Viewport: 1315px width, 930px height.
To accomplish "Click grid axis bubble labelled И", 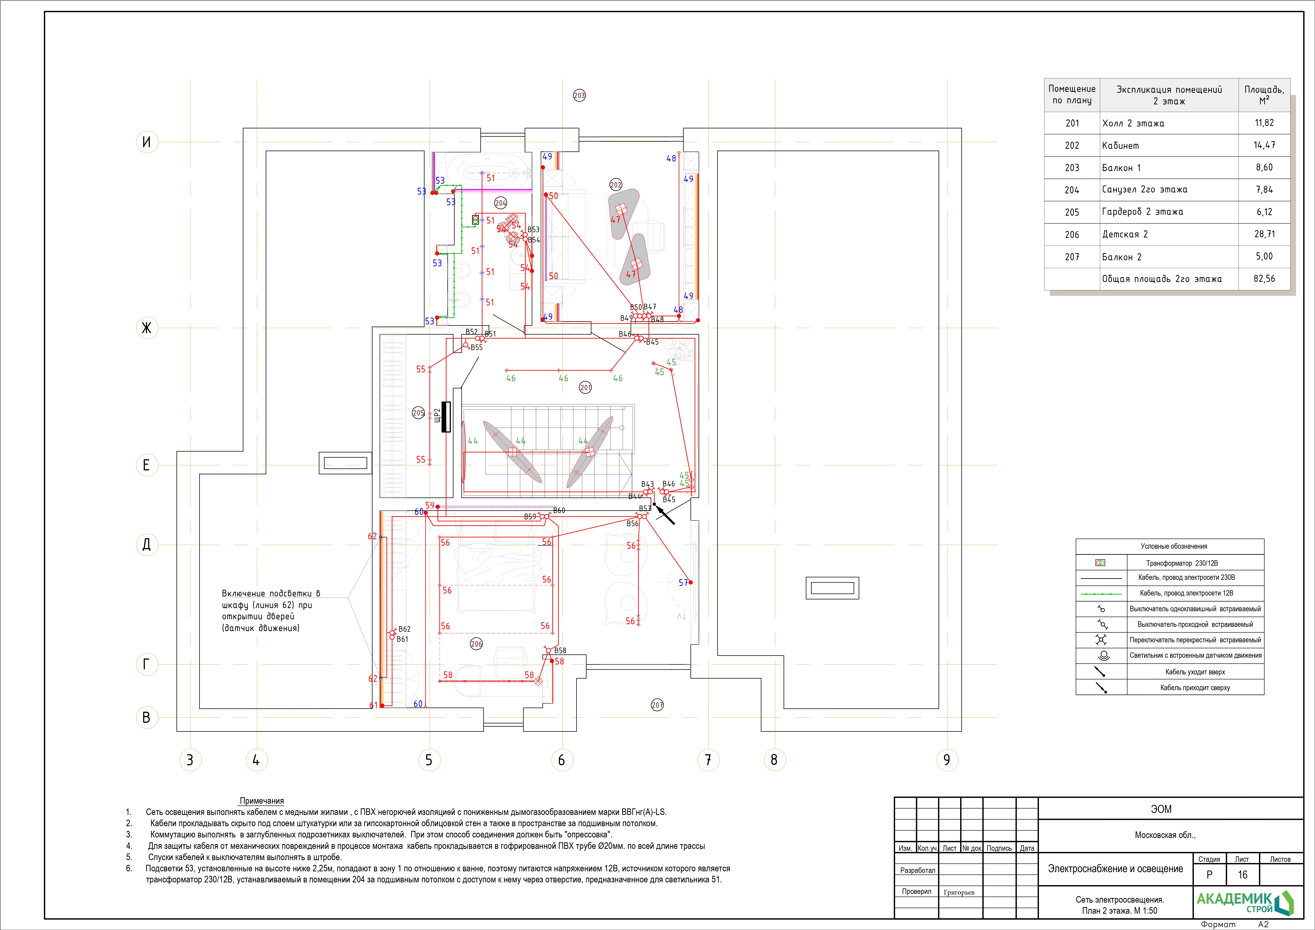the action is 147,142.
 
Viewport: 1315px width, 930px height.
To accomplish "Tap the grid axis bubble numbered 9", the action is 947,760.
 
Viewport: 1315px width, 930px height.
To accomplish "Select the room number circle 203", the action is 579,96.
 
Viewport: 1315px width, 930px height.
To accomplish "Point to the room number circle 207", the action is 657,705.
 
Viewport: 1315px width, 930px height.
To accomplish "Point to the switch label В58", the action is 560,651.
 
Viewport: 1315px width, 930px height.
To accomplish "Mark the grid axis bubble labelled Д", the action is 147,544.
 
